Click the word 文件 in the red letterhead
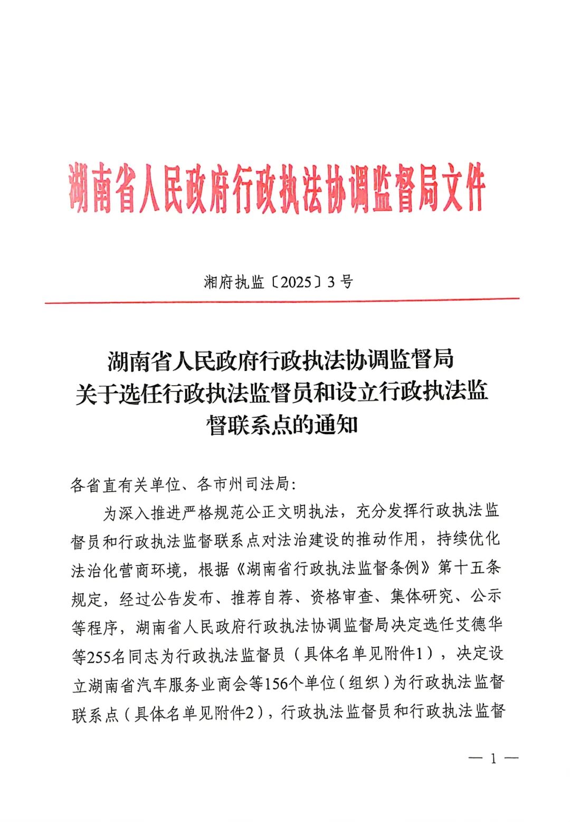point(463,187)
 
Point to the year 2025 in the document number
point(296,282)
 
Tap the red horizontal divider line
point(282,301)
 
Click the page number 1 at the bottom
point(493,759)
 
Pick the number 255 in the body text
point(98,656)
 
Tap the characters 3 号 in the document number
point(340,282)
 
